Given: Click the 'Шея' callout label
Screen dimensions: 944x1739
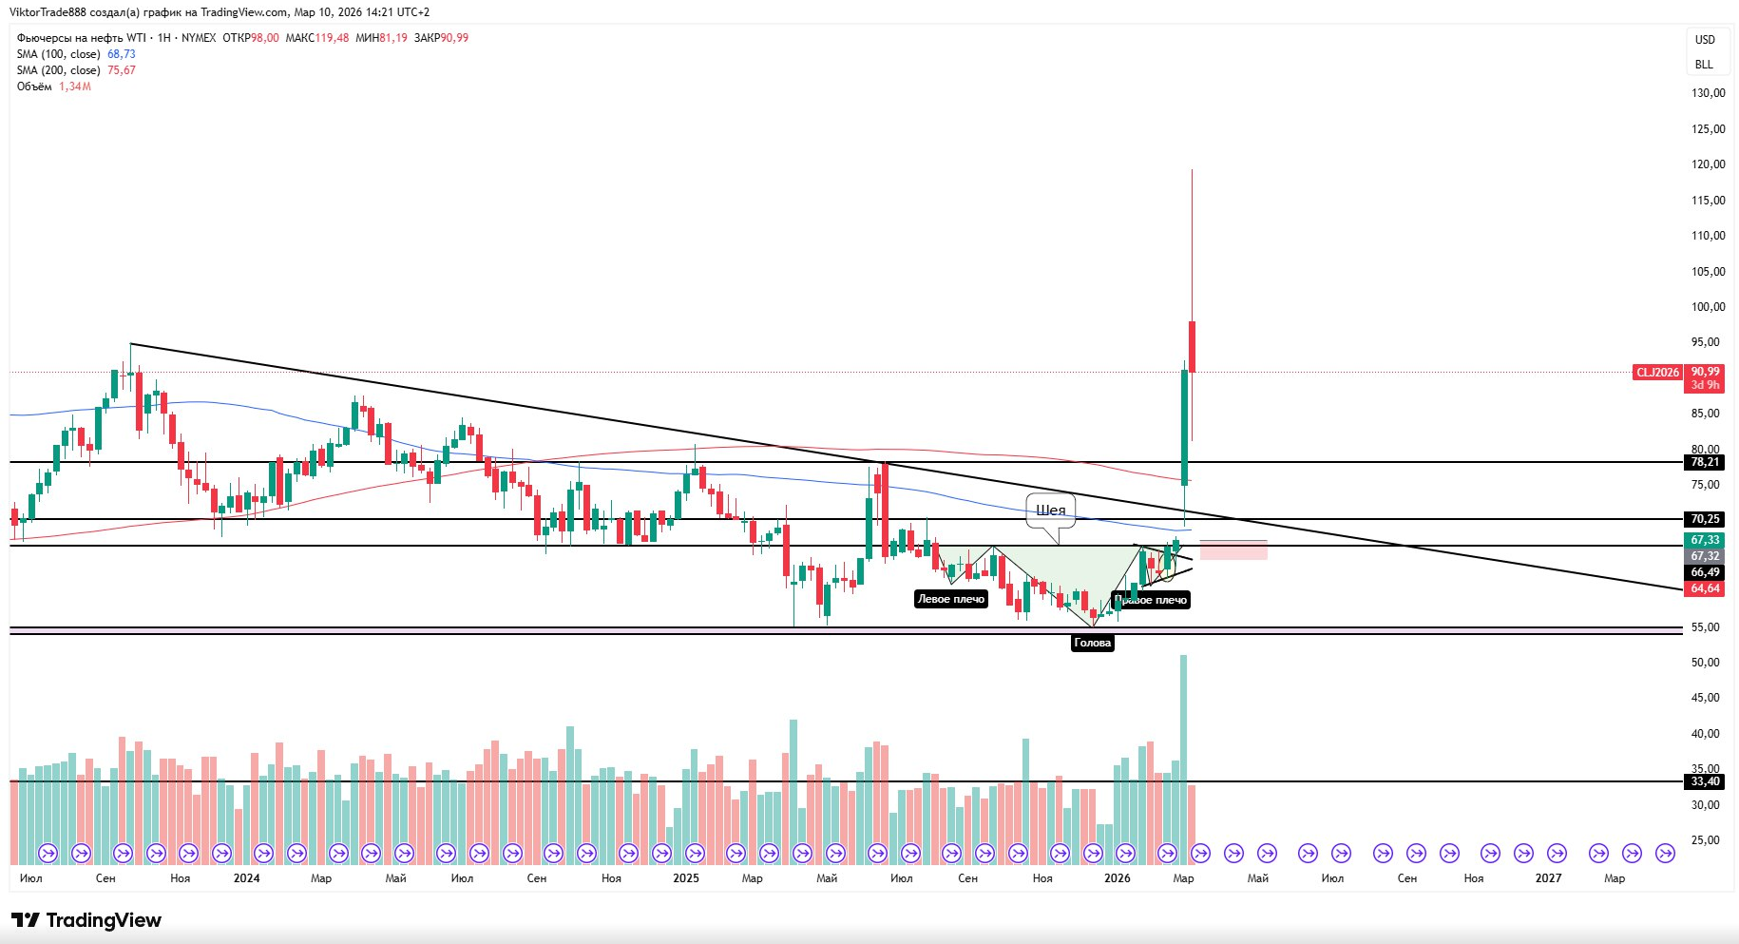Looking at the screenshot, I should click(1050, 511).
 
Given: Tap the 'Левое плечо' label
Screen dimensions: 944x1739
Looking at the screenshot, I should click(950, 599).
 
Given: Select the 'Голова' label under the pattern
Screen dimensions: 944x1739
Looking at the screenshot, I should click(1092, 643).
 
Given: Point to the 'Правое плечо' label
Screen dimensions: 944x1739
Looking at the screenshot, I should click(1151, 600).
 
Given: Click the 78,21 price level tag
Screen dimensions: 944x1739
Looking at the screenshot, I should click(1705, 462).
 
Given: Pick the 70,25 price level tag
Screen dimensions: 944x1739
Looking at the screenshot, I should click(1705, 519).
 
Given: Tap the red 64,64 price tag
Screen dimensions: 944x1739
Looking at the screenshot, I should click(1705, 588).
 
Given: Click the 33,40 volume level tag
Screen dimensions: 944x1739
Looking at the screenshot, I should click(1705, 781).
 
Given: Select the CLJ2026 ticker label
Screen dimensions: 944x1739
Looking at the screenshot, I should click(1657, 373).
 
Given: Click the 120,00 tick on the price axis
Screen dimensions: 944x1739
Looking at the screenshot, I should click(1708, 164).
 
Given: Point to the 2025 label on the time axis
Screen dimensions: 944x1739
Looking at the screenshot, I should click(685, 878).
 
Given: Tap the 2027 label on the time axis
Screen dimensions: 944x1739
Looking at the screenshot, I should click(1548, 878).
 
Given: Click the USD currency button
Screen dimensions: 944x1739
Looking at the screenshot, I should click(1705, 40).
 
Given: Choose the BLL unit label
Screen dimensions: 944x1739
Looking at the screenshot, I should click(1704, 65).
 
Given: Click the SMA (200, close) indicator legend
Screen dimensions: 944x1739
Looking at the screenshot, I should click(58, 70).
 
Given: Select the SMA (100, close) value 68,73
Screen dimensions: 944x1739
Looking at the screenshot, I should click(122, 54).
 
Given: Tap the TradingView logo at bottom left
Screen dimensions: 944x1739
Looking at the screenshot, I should click(86, 920).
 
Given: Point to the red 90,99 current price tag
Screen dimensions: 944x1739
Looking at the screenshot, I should click(1705, 372).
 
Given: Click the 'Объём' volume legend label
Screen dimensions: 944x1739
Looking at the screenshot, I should click(34, 87).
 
